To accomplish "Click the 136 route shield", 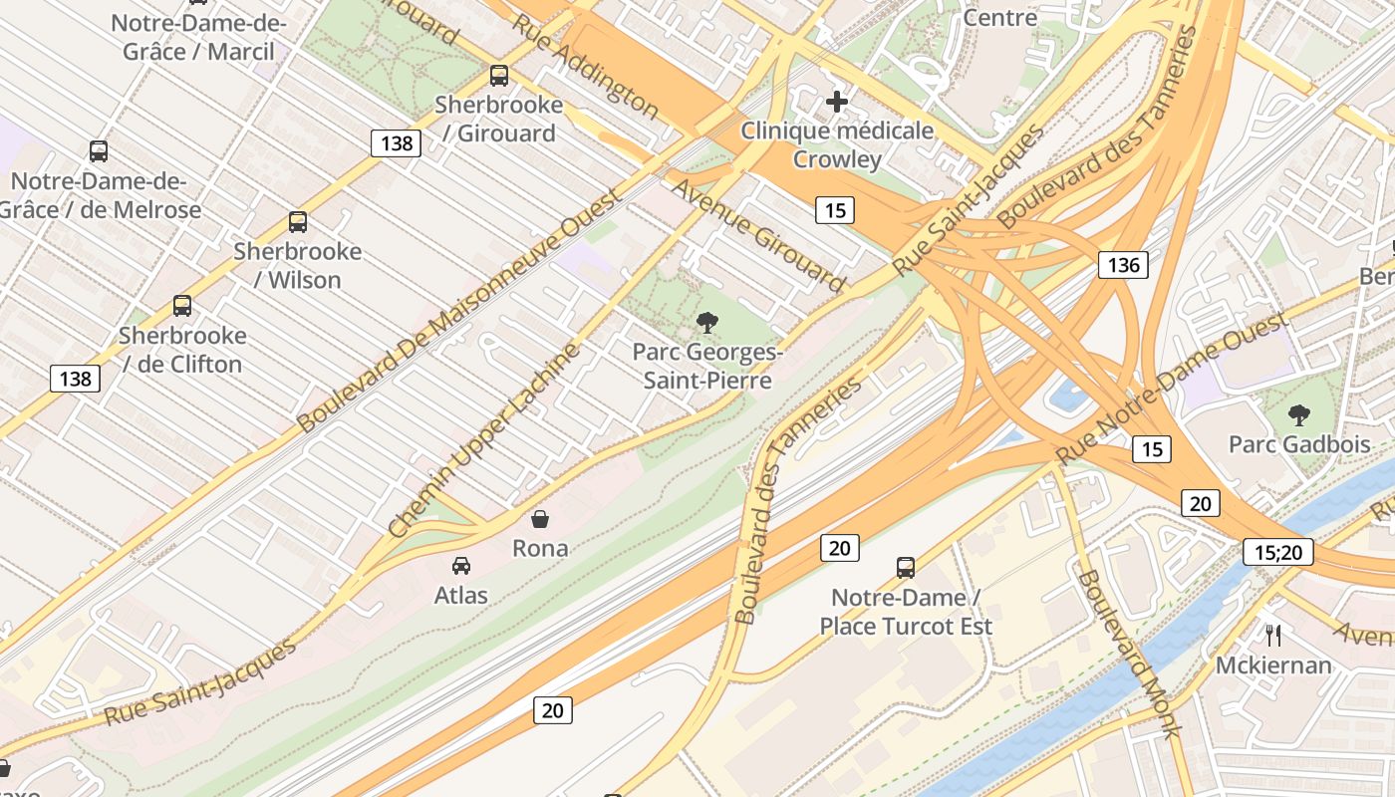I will [1123, 265].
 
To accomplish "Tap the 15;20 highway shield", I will [1278, 552].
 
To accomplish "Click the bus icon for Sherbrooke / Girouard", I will [499, 76].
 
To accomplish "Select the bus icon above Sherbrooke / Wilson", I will [298, 222].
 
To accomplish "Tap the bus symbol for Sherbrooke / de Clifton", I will [182, 306].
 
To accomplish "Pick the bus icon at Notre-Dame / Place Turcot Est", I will [906, 568].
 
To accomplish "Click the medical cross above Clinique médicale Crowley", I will [837, 101].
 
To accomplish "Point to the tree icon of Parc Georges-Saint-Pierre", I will [707, 322].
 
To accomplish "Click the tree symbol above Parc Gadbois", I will [1298, 414].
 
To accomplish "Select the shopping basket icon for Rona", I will [540, 519].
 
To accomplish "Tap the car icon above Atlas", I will [461, 566].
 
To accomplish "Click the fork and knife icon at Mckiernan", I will [1272, 635].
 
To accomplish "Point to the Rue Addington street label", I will [585, 67].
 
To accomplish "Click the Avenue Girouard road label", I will [758, 236].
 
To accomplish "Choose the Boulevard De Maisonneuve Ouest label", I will [458, 310].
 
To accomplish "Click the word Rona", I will [540, 548].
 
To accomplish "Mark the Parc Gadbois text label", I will [1299, 444].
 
